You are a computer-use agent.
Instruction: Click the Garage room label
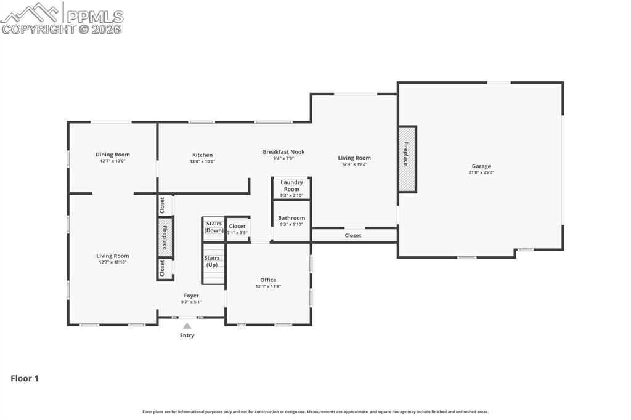coord(481,166)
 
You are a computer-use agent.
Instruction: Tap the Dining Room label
coord(113,155)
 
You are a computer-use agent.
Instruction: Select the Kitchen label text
coord(202,155)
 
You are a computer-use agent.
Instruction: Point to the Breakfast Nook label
coord(283,152)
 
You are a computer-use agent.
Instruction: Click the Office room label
coord(268,280)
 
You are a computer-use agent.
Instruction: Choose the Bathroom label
coord(291,218)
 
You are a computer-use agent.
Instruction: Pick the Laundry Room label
coord(291,185)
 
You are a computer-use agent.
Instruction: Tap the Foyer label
coord(191,296)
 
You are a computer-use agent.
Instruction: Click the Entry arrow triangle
coord(187,326)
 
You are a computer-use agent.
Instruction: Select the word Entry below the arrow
coord(187,336)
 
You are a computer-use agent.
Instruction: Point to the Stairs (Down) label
coord(214,227)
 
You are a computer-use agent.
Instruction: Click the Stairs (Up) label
coord(212,261)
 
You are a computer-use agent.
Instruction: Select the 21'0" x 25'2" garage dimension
coord(481,172)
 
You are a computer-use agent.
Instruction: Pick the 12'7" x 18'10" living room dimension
coord(113,262)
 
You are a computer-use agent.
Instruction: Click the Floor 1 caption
coord(25,379)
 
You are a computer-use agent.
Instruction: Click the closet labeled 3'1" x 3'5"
coord(237,229)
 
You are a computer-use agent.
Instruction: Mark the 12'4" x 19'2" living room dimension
coord(354,164)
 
